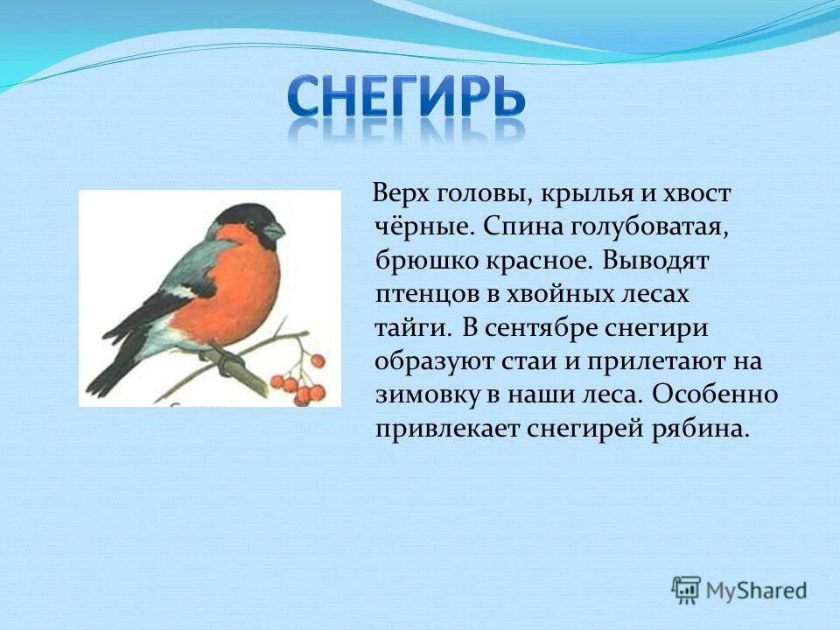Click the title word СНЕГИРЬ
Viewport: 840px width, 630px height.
[x=407, y=98]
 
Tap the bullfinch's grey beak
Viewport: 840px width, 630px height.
[x=274, y=230]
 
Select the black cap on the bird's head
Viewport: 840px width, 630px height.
[x=241, y=214]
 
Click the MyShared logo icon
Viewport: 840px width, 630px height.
[x=686, y=589]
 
